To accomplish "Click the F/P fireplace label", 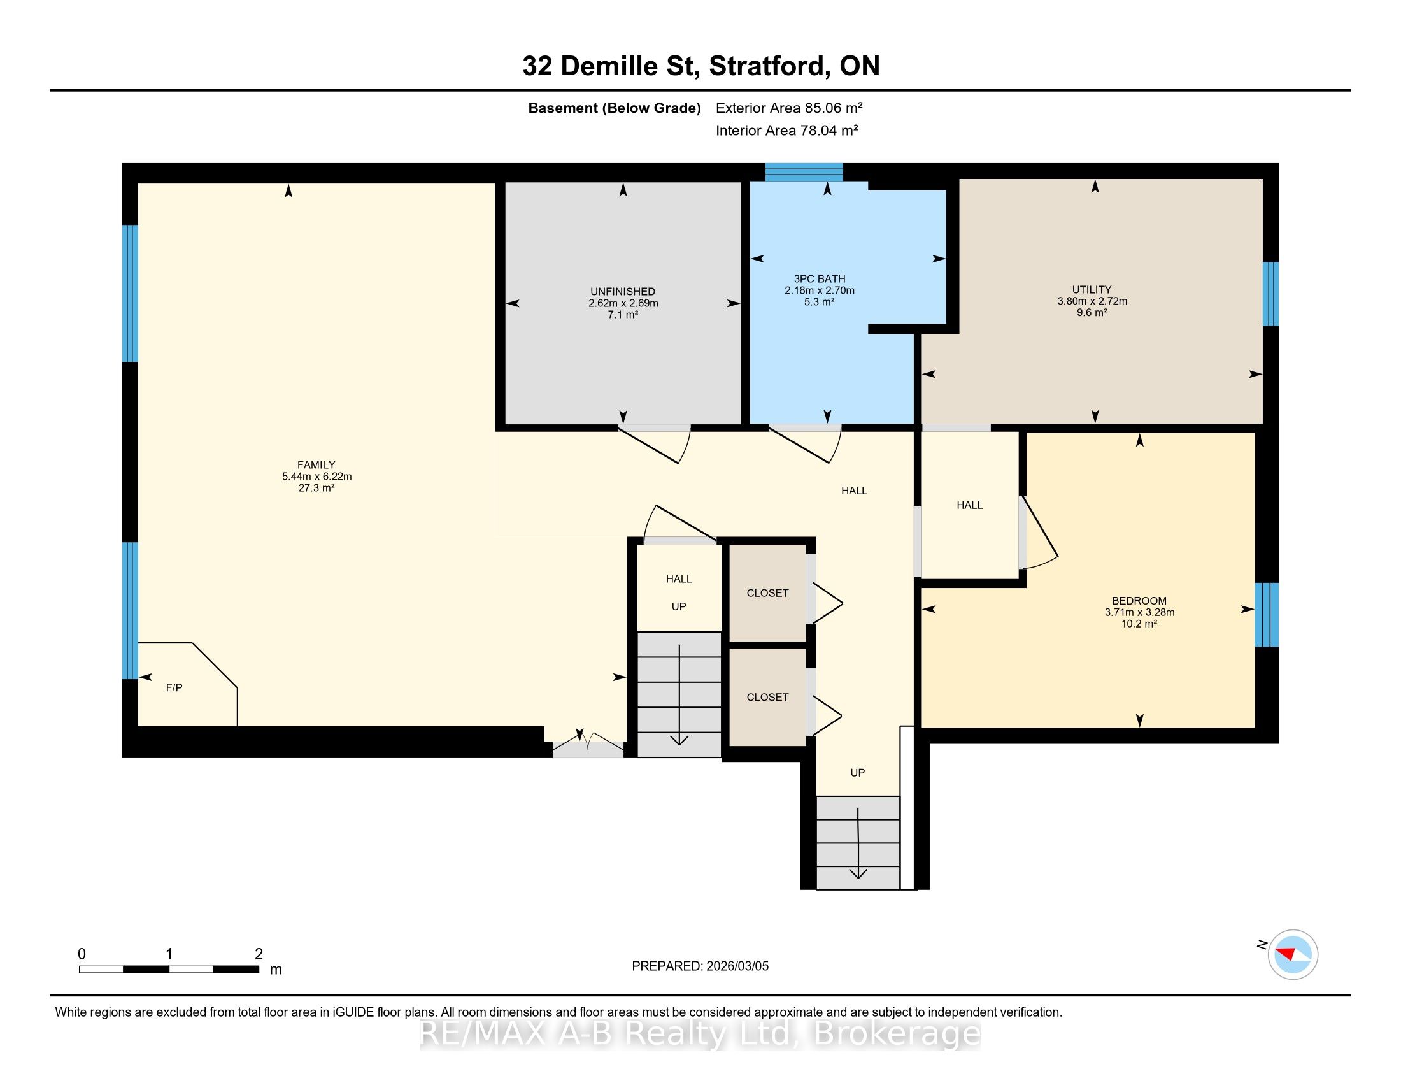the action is (x=174, y=688).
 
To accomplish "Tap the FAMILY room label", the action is (x=316, y=465).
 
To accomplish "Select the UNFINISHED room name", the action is (x=623, y=292).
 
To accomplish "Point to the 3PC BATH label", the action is (x=819, y=279).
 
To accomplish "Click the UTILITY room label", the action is (x=1092, y=290).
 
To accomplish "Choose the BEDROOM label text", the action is (x=1139, y=601).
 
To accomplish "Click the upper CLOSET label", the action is (x=767, y=594).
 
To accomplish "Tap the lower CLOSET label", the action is (x=767, y=698).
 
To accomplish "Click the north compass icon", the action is (x=1293, y=954).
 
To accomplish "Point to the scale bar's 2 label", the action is (x=259, y=954).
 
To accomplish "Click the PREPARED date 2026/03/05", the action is (x=736, y=966).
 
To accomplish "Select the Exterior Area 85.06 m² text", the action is (x=789, y=108).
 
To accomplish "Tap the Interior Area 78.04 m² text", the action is (x=787, y=130).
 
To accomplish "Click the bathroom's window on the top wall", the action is (x=804, y=173).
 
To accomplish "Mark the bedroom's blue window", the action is (x=1266, y=615).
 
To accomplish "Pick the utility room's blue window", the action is (x=1270, y=294).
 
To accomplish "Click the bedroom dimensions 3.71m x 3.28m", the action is (x=1139, y=613).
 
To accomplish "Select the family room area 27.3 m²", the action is (x=316, y=488).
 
